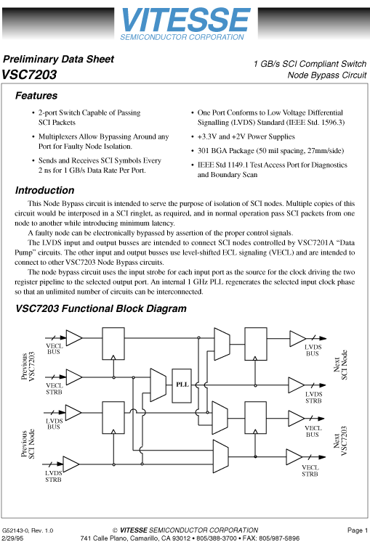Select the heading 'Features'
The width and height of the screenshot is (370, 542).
point(36,96)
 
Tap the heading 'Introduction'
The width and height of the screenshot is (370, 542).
point(44,191)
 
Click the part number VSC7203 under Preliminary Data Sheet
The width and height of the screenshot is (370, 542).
point(29,74)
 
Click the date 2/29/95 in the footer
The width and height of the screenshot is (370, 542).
point(12,538)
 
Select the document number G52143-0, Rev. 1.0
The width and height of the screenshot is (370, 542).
point(28,530)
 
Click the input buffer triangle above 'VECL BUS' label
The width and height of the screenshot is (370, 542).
point(73,337)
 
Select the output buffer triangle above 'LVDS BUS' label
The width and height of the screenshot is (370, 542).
point(298,338)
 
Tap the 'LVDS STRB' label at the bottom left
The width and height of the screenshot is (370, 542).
point(54,476)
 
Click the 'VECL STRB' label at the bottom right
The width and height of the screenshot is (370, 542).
point(310,471)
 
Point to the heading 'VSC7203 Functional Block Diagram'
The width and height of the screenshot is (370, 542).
point(101,308)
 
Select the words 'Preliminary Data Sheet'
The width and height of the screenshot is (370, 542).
point(58,59)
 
